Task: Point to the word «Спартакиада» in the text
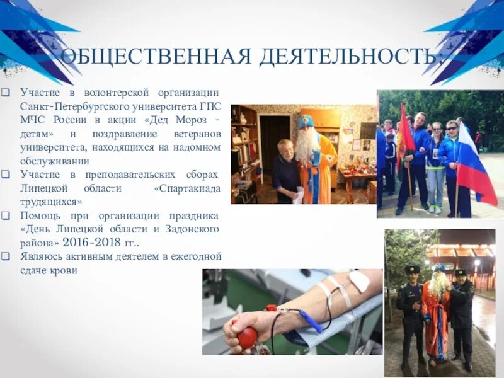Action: coord(186,188)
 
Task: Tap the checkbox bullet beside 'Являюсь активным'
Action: coord(6,256)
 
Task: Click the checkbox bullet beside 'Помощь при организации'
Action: coord(6,215)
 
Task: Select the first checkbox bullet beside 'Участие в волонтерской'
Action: coord(6,93)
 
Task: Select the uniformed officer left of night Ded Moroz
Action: coord(411,309)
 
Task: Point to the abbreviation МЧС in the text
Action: coord(33,120)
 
